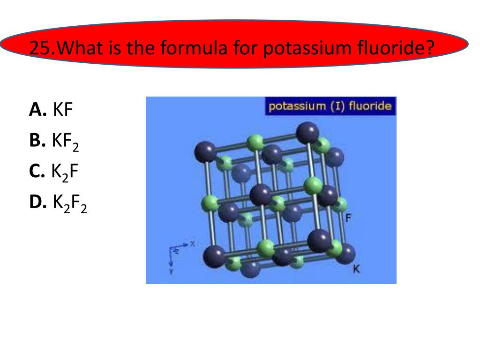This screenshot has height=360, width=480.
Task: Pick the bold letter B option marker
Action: (37, 140)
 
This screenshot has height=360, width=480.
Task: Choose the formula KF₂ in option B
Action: (66, 141)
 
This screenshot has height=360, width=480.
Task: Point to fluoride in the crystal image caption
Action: (370, 106)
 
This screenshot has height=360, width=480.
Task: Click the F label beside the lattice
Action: (348, 217)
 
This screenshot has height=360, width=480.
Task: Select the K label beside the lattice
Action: (357, 269)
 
